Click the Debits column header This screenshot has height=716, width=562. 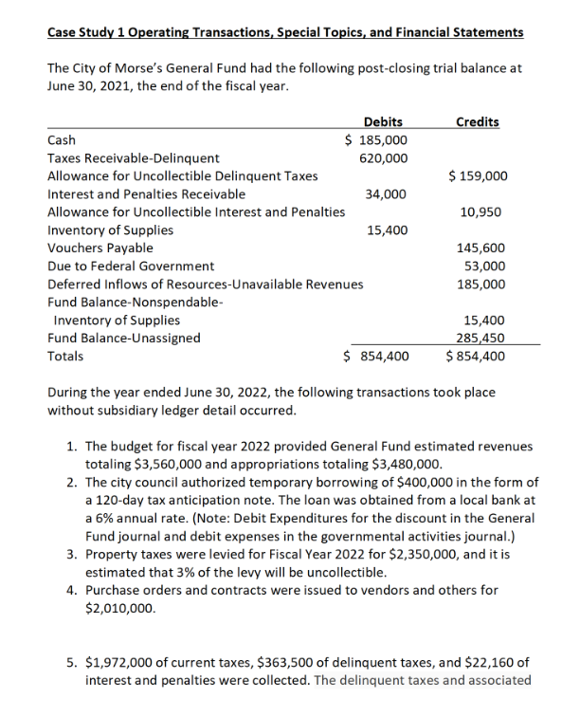point(382,121)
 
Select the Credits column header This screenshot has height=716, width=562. point(479,121)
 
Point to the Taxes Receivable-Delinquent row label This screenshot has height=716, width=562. point(133,158)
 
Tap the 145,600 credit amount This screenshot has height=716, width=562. point(481,248)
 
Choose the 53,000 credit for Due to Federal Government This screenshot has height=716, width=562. point(484,266)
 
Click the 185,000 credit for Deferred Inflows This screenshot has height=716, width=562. point(481,284)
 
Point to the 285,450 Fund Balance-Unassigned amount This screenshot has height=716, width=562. point(481,339)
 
